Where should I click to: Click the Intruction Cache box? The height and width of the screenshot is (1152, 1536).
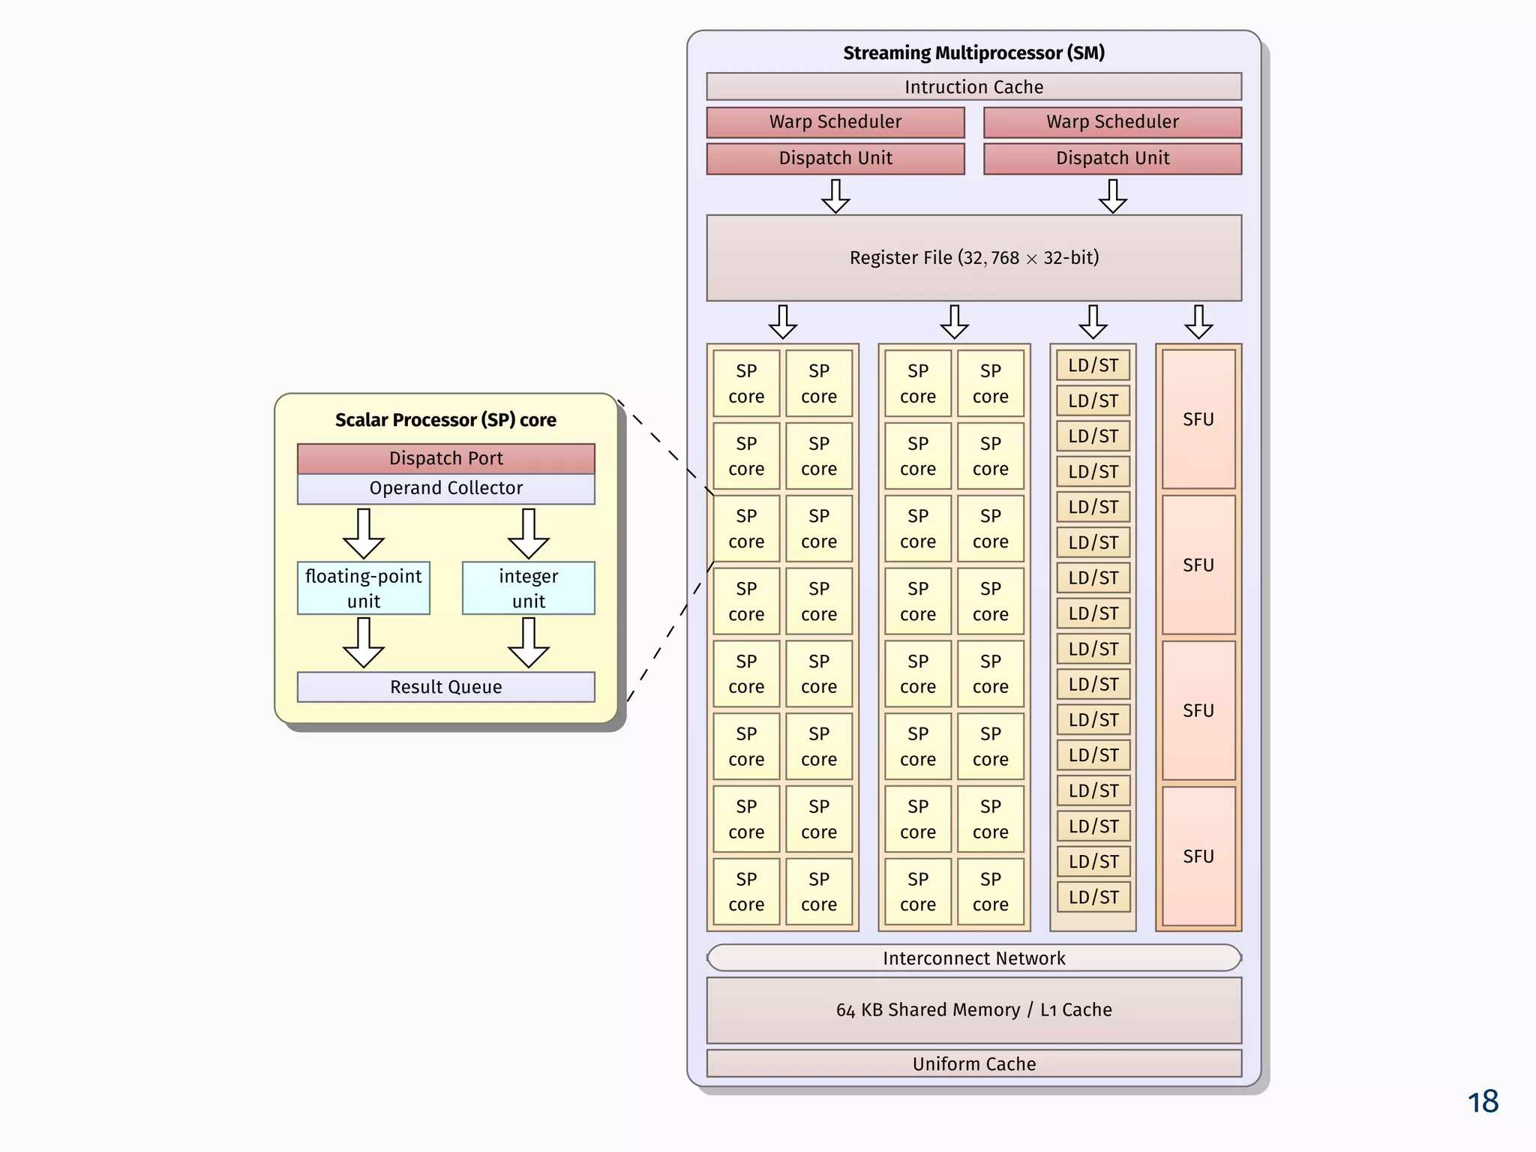click(973, 87)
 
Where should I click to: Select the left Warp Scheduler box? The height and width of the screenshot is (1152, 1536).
click(835, 122)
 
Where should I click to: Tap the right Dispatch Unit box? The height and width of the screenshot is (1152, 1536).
click(1112, 158)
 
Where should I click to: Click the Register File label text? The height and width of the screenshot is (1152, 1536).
click(973, 258)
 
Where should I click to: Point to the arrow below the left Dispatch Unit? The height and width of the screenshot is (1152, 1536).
click(835, 196)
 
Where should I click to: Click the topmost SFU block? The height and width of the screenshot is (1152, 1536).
click(1198, 419)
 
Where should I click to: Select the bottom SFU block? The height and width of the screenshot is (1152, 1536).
click(1198, 856)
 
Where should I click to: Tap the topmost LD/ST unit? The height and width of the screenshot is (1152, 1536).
click(1093, 365)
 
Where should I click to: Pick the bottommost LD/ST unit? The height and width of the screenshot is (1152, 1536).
click(1093, 897)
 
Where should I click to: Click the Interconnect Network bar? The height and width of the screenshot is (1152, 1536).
click(973, 958)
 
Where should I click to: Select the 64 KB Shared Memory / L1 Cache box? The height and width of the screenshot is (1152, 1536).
click(973, 1009)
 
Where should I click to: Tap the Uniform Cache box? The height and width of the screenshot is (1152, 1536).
click(973, 1063)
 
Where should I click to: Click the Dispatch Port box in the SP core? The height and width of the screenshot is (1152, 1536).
click(445, 458)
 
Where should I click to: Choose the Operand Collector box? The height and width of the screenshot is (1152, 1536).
click(445, 488)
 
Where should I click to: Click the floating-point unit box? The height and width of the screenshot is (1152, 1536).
click(363, 588)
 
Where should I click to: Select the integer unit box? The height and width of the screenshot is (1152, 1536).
click(528, 588)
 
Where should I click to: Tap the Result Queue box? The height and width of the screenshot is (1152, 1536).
click(445, 686)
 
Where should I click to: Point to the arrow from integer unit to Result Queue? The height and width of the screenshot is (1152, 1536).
click(528, 643)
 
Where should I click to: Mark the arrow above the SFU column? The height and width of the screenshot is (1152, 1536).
click(1198, 322)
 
